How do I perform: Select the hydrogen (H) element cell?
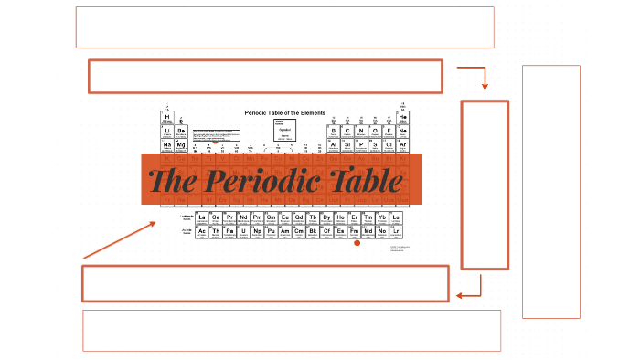(167, 118)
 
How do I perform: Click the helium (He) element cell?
(402, 118)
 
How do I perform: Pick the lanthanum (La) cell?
(201, 217)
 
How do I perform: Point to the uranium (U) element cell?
(243, 232)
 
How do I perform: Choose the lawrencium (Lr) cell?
(396, 232)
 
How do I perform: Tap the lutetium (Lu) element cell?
(396, 217)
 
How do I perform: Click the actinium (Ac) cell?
(201, 232)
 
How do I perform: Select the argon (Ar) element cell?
(402, 145)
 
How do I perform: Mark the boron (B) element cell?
(334, 132)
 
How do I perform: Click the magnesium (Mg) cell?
(181, 145)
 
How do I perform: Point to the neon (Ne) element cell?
(402, 132)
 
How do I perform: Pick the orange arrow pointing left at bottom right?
(470, 291)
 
